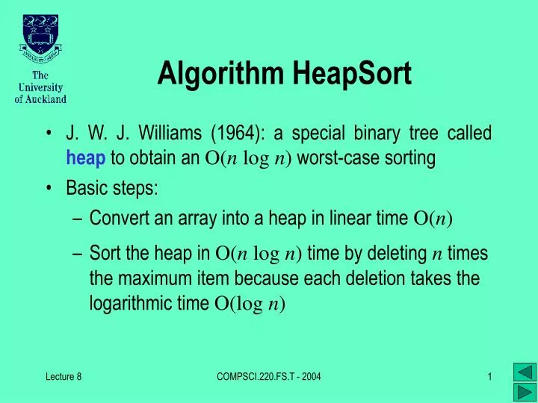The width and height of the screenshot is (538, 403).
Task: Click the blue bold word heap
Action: pyautogui.click(x=86, y=157)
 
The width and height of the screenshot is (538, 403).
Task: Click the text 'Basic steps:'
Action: pyautogui.click(x=112, y=189)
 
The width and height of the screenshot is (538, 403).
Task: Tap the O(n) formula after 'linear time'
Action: pyautogui.click(x=433, y=219)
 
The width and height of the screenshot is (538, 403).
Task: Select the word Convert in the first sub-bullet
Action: pyautogui.click(x=115, y=219)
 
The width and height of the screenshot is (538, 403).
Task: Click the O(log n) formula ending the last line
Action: pyautogui.click(x=250, y=304)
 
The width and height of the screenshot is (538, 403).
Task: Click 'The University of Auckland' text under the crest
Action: pyautogui.click(x=40, y=87)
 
